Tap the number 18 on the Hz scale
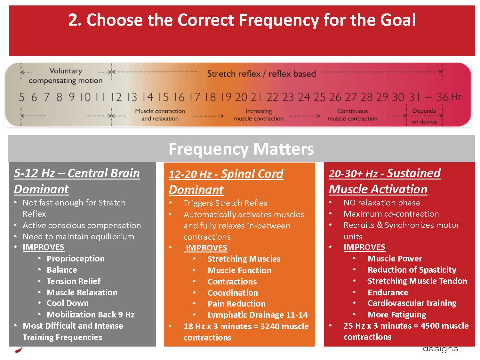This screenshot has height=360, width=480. [211, 97]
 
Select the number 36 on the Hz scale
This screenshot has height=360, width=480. [442, 97]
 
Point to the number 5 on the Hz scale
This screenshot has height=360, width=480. [22, 97]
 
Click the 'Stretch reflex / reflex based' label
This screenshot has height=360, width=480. [261, 74]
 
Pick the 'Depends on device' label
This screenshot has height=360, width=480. [424, 116]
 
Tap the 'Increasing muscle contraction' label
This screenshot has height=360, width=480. [259, 115]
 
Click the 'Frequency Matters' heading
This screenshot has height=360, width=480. [241, 149]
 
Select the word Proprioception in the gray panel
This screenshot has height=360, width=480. [76, 259]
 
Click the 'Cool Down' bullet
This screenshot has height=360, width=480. [68, 303]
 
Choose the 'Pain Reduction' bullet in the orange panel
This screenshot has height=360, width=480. [236, 304]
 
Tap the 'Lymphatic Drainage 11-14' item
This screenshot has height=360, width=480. [258, 315]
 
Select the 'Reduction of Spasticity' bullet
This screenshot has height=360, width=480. [412, 270]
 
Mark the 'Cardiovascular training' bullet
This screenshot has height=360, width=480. [412, 303]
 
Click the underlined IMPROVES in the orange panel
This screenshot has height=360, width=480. [206, 248]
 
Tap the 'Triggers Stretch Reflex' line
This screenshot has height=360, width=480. [226, 203]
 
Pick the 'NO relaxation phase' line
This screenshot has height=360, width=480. [382, 203]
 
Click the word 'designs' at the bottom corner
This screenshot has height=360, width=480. [440, 349]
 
